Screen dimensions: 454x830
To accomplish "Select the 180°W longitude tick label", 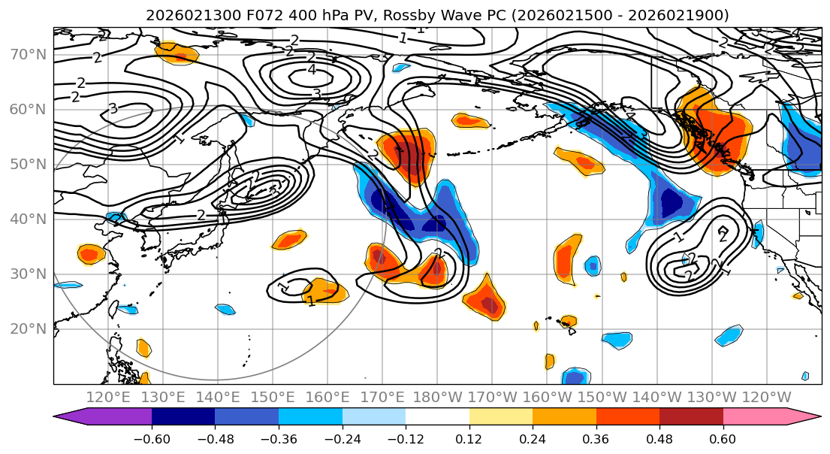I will coord(438,397).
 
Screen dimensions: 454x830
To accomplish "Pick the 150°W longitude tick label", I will coord(602,397).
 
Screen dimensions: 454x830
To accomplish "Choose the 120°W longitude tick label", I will coord(766,397).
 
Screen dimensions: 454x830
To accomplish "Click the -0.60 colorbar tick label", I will coord(152,438).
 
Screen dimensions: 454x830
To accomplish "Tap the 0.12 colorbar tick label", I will coord(469,438).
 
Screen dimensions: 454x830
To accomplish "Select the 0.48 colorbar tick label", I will coord(659,438).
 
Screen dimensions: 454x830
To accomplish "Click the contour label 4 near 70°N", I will coord(312,71).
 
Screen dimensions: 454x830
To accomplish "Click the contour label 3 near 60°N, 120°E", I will coord(113,109).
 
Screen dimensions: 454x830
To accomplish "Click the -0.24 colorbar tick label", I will coord(342,438).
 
